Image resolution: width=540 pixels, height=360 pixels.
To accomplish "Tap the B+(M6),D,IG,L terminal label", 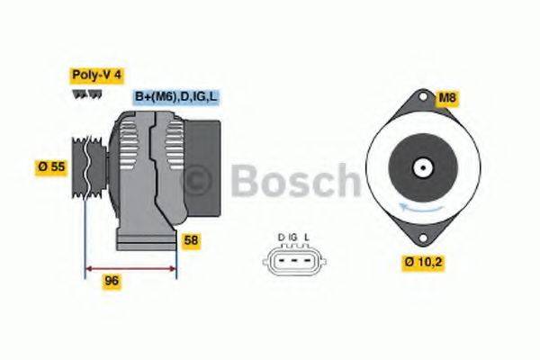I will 176,96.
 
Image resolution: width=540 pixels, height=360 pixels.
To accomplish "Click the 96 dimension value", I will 112,281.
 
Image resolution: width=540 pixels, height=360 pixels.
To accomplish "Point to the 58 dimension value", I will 191,240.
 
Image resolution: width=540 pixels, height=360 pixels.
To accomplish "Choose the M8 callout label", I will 446,96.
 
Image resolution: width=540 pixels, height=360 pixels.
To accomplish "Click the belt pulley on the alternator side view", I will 84,166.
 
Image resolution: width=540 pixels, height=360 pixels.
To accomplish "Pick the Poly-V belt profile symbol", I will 81,93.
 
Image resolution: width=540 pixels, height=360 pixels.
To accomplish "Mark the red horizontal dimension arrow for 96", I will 130,267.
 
